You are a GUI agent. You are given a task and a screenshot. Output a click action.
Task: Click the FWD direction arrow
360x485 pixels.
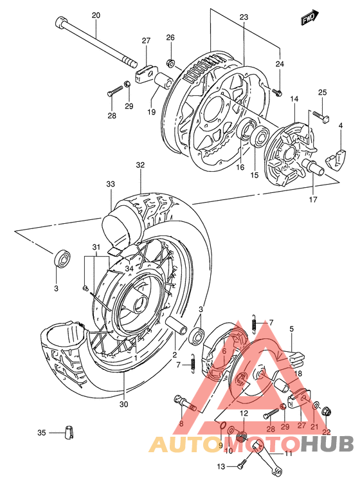(x=309, y=19)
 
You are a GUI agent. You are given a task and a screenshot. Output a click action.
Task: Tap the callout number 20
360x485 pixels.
(x=96, y=15)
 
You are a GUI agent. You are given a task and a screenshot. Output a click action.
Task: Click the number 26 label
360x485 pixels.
(x=170, y=37)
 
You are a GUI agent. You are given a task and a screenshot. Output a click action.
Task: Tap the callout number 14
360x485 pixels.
(x=294, y=98)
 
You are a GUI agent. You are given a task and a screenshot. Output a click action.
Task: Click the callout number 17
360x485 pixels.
(x=313, y=199)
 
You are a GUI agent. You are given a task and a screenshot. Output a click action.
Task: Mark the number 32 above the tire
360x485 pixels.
(x=140, y=165)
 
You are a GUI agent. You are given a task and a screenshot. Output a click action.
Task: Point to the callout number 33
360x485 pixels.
(x=111, y=184)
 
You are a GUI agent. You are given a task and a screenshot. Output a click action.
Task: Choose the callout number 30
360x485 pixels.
(x=123, y=404)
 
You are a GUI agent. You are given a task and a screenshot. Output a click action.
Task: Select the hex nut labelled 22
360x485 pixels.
(x=327, y=410)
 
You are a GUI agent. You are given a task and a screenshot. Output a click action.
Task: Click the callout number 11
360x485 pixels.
(x=288, y=454)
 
